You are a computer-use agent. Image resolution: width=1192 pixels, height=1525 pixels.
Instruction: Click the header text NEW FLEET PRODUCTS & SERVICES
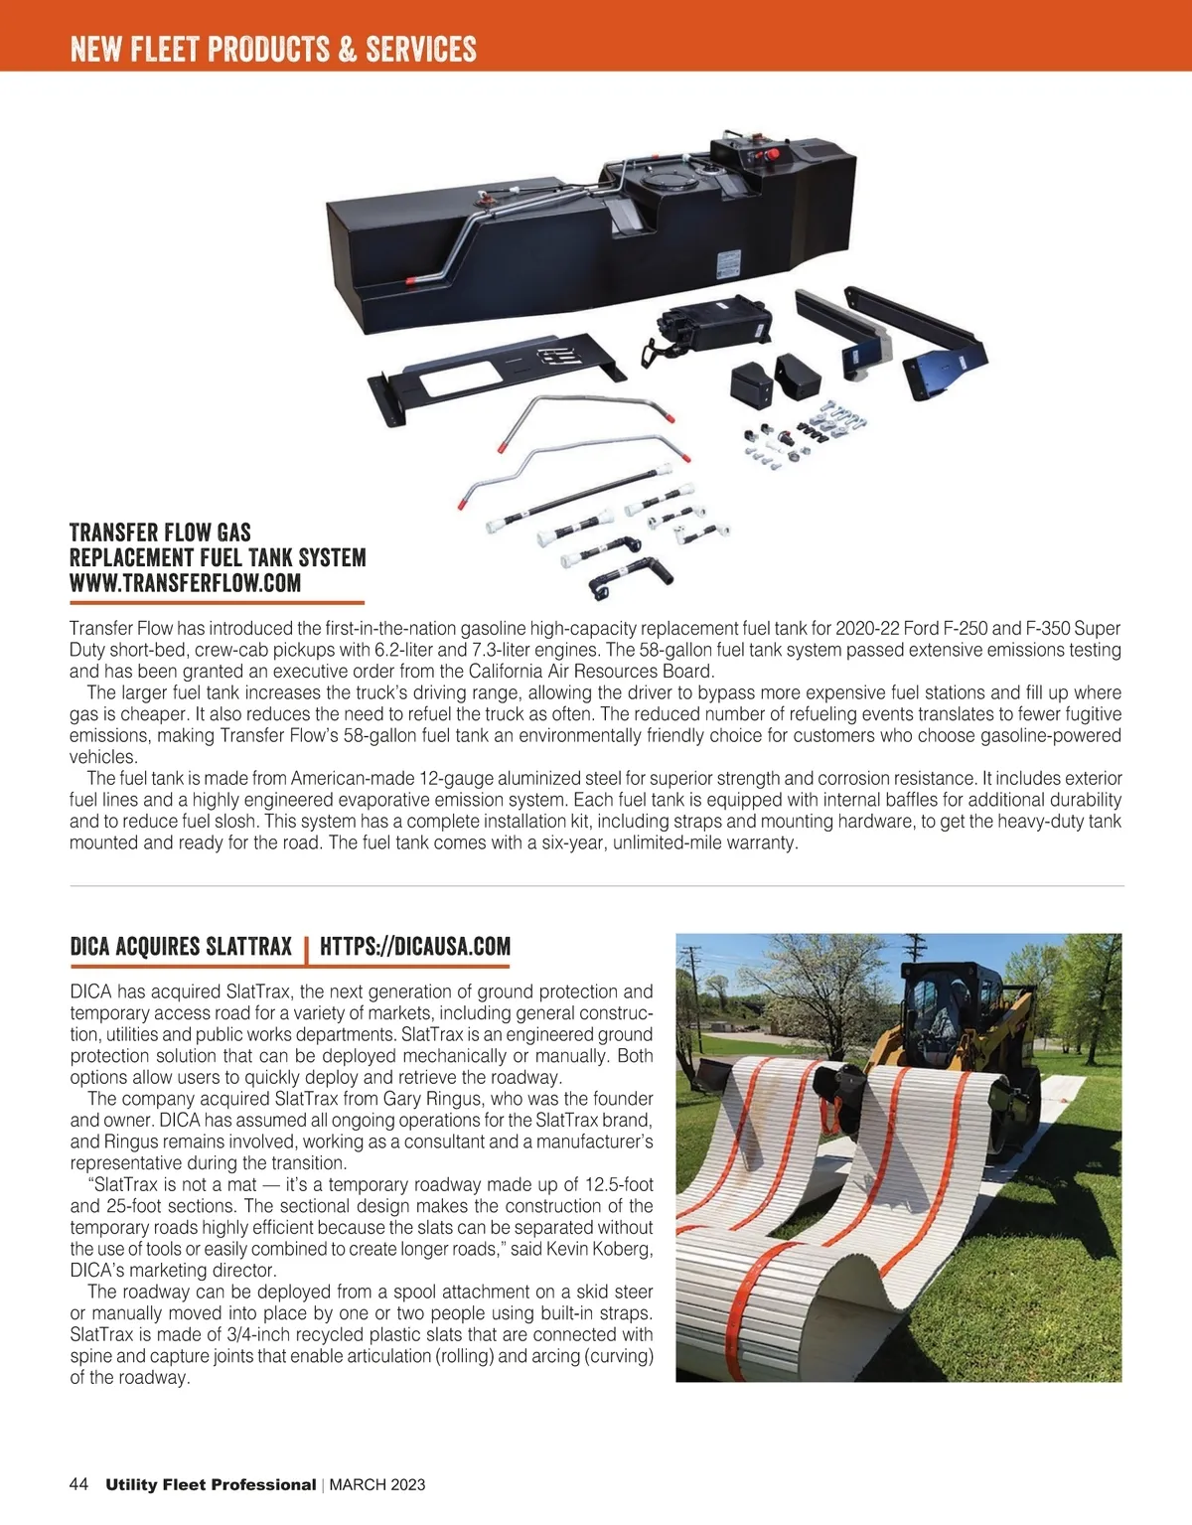[x=273, y=49]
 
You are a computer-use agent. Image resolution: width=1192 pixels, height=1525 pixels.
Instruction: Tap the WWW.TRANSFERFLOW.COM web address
[x=186, y=583]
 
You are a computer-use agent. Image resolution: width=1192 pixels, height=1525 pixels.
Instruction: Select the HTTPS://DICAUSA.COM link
[x=415, y=946]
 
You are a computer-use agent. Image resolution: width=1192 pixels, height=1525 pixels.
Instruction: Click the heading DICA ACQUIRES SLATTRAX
[x=181, y=946]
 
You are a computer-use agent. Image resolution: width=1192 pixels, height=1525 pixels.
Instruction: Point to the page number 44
[x=79, y=1484]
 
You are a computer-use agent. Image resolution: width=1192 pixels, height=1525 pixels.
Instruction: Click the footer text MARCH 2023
[x=376, y=1485]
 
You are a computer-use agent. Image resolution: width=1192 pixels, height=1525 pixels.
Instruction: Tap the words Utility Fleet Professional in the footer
[x=211, y=1485]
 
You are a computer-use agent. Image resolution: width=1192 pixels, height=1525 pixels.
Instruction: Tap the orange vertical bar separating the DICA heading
[x=306, y=948]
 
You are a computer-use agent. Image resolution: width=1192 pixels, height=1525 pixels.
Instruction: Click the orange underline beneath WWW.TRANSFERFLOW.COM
[x=217, y=602]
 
